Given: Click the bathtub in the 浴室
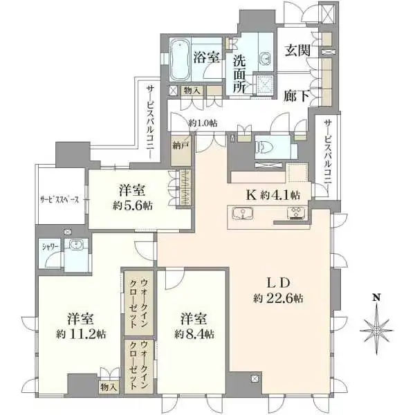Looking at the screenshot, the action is pyautogui.click(x=180, y=59).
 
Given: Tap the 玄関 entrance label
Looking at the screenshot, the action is pyautogui.click(x=297, y=50).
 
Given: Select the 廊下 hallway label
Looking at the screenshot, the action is pyautogui.click(x=297, y=96).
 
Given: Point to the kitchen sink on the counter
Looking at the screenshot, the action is pyautogui.click(x=243, y=213).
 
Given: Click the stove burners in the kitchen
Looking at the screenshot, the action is pyautogui.click(x=296, y=213).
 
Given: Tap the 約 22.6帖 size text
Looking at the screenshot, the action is pyautogui.click(x=278, y=299).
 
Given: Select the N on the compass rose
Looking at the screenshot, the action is pyautogui.click(x=376, y=297).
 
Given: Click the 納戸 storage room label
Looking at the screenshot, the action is pyautogui.click(x=180, y=145).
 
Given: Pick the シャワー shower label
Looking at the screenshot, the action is pyautogui.click(x=50, y=247).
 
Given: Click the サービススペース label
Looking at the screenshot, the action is pyautogui.click(x=59, y=200).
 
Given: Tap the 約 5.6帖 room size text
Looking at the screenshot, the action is pyautogui.click(x=133, y=205).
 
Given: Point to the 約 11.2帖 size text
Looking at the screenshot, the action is pyautogui.click(x=81, y=334).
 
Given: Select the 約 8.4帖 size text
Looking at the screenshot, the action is pyautogui.click(x=194, y=334).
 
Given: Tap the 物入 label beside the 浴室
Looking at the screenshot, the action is pyautogui.click(x=192, y=91).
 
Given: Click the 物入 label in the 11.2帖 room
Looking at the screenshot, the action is pyautogui.click(x=109, y=387).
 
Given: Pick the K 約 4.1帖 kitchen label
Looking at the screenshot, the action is pyautogui.click(x=273, y=195).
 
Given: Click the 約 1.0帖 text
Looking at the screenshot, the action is pyautogui.click(x=203, y=123).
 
